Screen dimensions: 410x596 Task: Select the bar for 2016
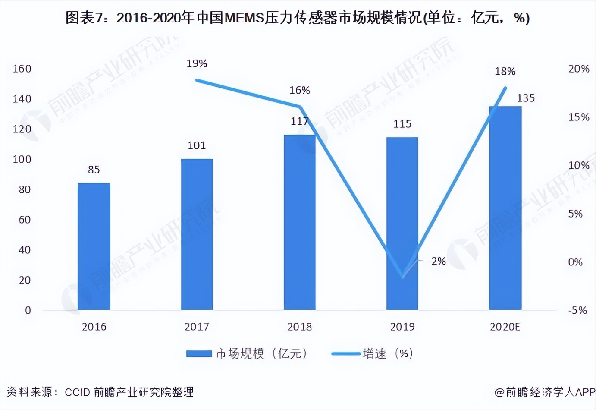(x=94, y=246)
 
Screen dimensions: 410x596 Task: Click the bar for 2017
(x=197, y=234)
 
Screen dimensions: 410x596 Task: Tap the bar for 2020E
(x=505, y=208)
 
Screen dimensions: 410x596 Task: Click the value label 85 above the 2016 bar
(x=94, y=170)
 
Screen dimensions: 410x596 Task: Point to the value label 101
(x=197, y=145)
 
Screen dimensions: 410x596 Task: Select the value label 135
(x=526, y=98)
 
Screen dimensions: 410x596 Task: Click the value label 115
(x=402, y=124)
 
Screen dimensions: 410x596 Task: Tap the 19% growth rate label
(x=197, y=63)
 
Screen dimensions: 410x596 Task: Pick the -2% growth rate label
(x=436, y=261)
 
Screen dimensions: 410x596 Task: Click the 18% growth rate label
(x=505, y=71)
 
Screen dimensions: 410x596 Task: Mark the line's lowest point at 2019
(x=402, y=277)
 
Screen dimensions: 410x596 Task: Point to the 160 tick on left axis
(x=22, y=69)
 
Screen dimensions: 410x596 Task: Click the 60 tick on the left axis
(x=25, y=220)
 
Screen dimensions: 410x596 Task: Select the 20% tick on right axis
(x=578, y=69)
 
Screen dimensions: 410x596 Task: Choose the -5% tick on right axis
(x=577, y=310)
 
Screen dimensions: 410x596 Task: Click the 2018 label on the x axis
(x=299, y=327)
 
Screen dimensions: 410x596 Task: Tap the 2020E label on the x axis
(x=505, y=327)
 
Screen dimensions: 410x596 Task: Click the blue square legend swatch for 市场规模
(x=199, y=354)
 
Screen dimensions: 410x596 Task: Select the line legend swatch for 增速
(x=346, y=354)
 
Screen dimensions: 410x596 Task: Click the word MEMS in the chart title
(x=244, y=18)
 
